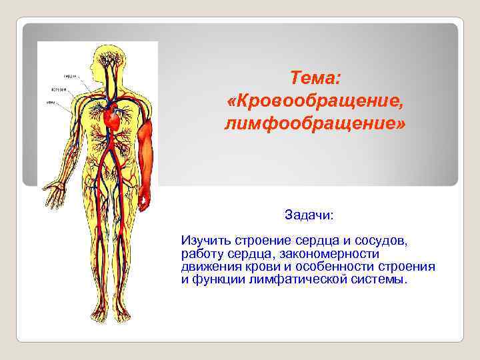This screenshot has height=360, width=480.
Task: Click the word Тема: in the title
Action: pos(315,79)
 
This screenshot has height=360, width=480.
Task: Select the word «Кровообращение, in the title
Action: pos(315,102)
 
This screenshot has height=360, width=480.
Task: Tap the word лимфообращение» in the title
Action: pos(315,124)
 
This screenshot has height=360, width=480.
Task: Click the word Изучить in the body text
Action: pos(202,240)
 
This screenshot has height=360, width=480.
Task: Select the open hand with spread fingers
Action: pos(51,194)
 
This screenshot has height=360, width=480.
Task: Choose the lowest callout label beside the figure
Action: pos(51,102)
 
